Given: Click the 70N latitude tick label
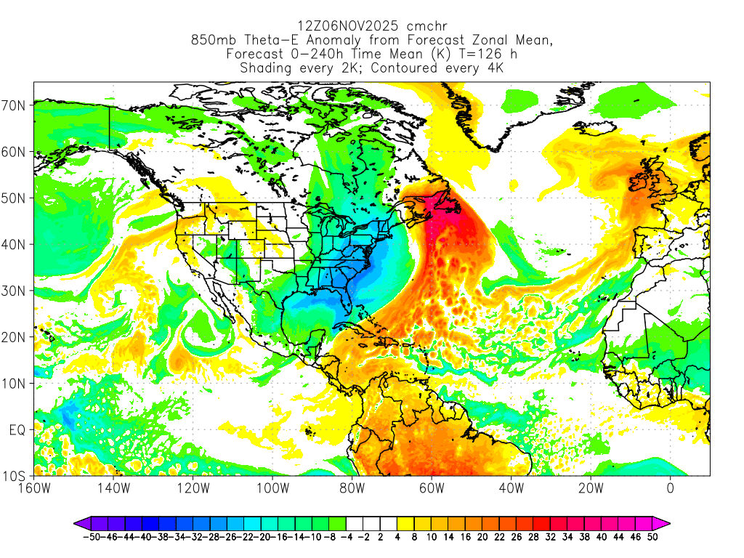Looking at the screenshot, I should pyautogui.click(x=15, y=105).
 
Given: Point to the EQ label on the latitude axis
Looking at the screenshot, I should pyautogui.click(x=18, y=430).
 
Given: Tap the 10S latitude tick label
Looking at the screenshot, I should pyautogui.click(x=15, y=477).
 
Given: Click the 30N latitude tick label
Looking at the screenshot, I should pyautogui.click(x=15, y=291).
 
